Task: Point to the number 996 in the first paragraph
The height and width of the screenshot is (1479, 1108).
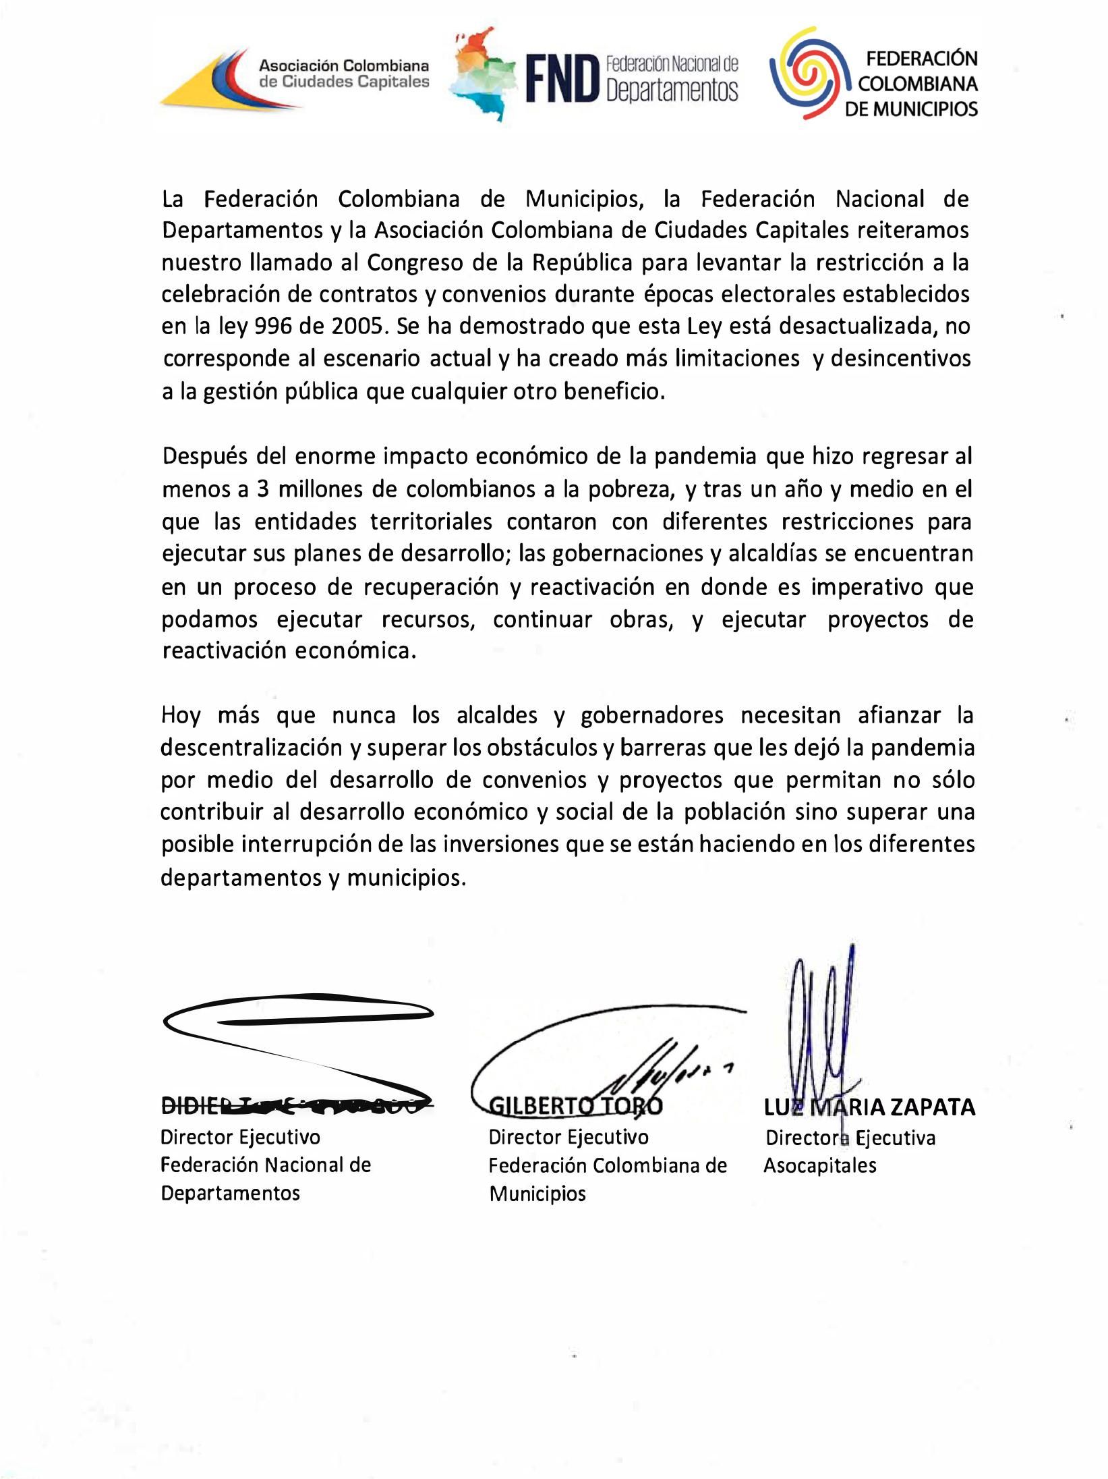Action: pyautogui.click(x=273, y=327)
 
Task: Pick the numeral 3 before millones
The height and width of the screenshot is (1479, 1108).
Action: pyautogui.click(x=263, y=489)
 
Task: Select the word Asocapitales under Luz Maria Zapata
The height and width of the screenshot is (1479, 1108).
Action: pyautogui.click(x=819, y=1166)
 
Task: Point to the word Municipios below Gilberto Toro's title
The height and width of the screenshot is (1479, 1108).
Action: pyautogui.click(x=537, y=1194)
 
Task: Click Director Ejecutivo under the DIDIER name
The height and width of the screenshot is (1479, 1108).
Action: pyautogui.click(x=240, y=1138)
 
